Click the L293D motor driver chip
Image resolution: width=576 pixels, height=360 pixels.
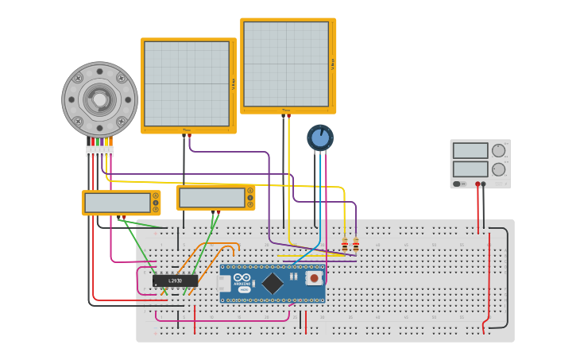175,281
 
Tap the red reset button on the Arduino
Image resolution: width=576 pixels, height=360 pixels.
315,278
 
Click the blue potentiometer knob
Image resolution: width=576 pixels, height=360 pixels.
320,137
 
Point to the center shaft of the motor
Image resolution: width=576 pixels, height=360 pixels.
100,99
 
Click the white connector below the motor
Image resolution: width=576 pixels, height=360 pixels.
100,151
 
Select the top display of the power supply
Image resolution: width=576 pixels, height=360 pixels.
470,150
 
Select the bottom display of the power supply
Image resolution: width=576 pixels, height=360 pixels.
470,168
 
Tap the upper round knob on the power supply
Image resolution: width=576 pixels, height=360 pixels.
499,150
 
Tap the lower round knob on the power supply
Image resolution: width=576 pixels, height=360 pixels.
499,168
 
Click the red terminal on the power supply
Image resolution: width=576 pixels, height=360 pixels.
477,184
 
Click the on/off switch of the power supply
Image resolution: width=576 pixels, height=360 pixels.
457,184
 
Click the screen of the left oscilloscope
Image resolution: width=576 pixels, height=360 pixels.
187,83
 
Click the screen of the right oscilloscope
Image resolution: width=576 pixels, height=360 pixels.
286,64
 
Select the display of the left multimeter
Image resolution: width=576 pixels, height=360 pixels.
118,203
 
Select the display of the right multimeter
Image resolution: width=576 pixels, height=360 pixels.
211,197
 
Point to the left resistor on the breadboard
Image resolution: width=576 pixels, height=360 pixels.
345,244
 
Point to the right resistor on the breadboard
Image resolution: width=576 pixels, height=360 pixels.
356,244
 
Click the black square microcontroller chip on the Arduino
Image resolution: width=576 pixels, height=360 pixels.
273,283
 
